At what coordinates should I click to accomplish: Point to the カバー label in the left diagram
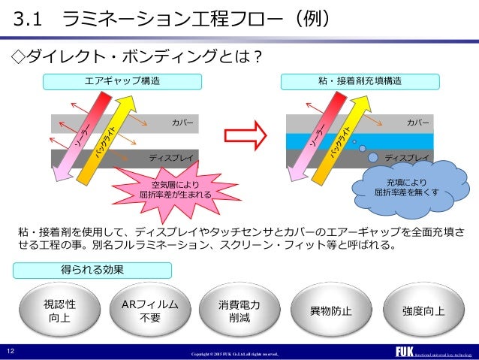[182, 122]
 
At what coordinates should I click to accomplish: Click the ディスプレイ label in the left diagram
[171, 158]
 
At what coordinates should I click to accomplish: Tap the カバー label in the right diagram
[417, 122]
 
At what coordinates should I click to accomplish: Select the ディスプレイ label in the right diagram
[407, 158]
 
